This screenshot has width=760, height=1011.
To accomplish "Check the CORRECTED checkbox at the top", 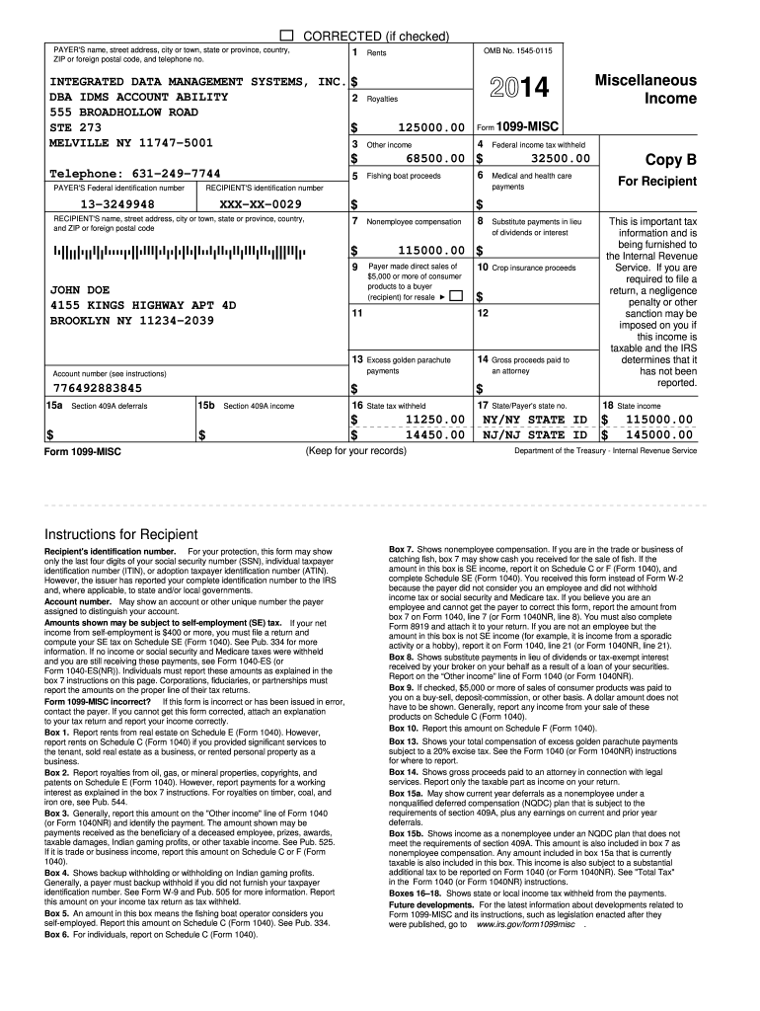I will point(288,35).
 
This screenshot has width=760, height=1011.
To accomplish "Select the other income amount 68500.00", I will point(434,158).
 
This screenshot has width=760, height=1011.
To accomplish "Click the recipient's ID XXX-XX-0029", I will point(261,204).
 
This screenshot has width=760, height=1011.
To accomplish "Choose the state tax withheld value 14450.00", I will point(434,434).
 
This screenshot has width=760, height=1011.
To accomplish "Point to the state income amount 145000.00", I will point(655,434).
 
